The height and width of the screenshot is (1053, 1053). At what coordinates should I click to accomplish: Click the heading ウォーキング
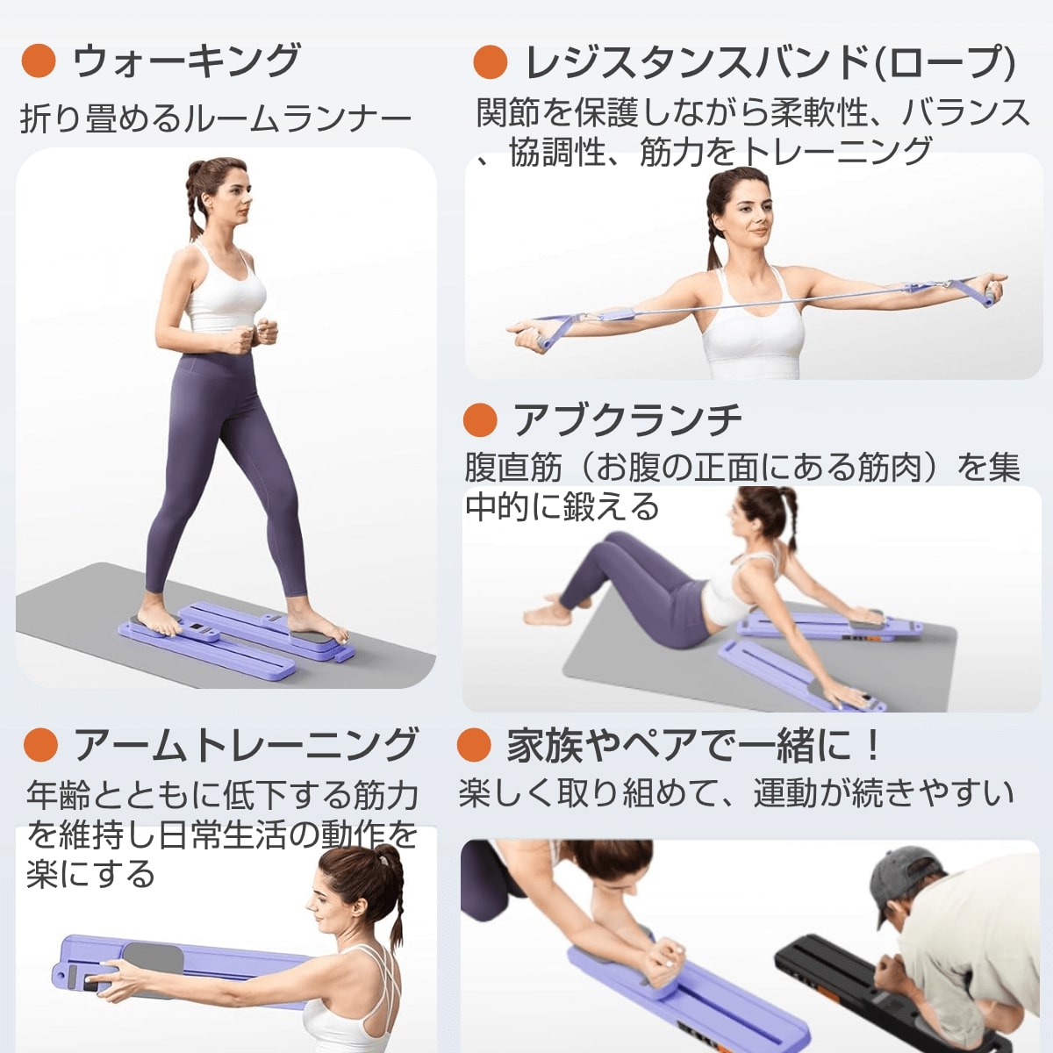point(186,61)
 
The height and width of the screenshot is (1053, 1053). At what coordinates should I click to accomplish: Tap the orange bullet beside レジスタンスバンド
point(490,62)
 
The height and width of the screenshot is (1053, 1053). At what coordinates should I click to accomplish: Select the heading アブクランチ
point(627,420)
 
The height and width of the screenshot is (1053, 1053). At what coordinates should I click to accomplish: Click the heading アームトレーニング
point(245,745)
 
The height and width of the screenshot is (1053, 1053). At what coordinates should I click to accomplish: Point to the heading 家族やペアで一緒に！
point(693,746)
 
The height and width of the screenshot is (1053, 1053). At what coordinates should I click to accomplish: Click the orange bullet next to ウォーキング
point(39,61)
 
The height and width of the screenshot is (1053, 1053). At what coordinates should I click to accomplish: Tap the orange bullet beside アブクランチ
point(480,420)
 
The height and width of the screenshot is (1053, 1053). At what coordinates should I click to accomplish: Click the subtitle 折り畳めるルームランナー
point(216,118)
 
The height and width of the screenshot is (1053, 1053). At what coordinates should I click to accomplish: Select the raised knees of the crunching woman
point(605,546)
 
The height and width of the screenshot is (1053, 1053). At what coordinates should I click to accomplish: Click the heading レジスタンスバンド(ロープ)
point(770,62)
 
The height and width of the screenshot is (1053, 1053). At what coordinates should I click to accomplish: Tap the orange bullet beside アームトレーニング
point(41,745)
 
